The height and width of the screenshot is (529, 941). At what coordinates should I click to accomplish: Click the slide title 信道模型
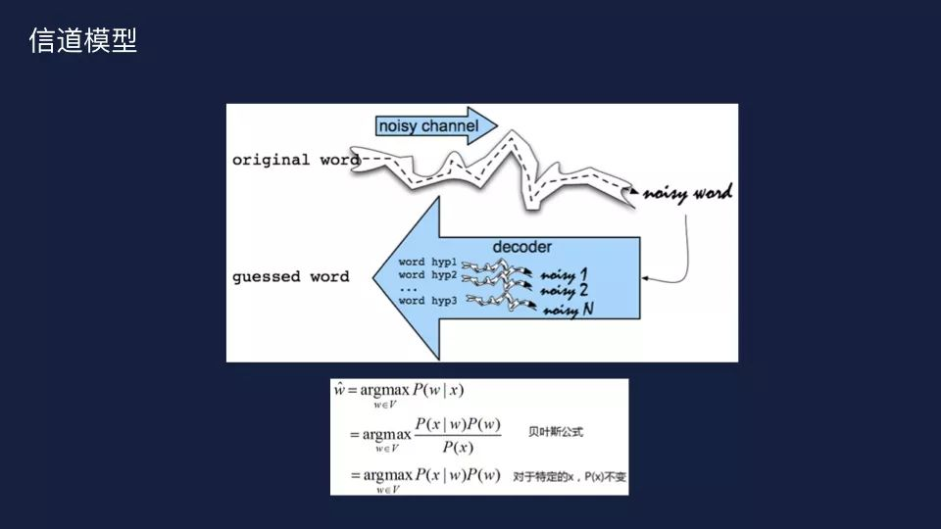coord(83,41)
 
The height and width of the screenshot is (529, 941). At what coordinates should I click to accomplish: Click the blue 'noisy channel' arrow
coord(431,126)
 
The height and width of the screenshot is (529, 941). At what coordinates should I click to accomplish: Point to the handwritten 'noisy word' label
coord(688,193)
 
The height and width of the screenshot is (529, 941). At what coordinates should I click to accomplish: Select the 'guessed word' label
coord(290,276)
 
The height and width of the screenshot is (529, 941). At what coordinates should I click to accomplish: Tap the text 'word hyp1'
coord(427,263)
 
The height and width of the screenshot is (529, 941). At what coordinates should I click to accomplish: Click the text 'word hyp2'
coord(427,275)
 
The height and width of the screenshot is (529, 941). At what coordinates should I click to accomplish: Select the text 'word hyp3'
coord(427,301)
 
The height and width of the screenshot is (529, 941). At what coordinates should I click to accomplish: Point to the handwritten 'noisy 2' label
coord(566,291)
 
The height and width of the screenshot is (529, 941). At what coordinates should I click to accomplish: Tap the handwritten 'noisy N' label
coord(570,310)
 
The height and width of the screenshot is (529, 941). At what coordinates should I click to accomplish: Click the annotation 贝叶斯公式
coord(556,431)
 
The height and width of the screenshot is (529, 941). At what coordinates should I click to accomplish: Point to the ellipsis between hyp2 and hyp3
coord(411,288)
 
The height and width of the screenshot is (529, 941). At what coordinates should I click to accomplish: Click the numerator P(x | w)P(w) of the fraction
coord(458,424)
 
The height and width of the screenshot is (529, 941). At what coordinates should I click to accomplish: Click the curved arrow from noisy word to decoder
coord(682,255)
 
